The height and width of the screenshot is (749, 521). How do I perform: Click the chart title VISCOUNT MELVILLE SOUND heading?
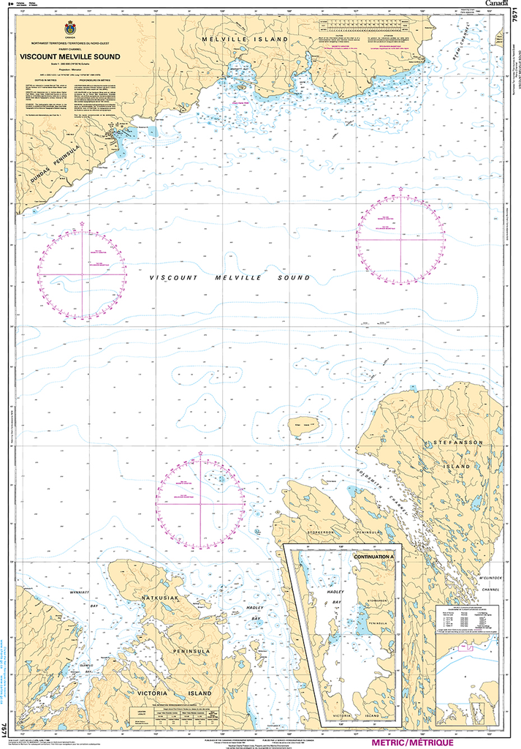click(x=60, y=56)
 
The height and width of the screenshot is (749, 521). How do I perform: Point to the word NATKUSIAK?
click(x=164, y=599)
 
